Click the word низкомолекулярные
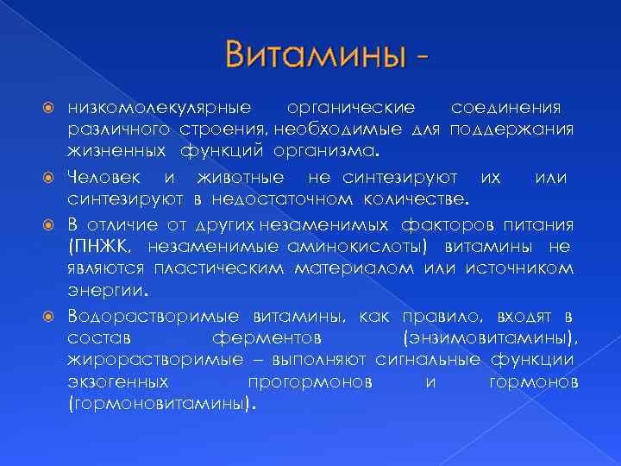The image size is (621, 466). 159,108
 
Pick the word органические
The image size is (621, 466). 350,108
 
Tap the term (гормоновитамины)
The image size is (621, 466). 161,402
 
